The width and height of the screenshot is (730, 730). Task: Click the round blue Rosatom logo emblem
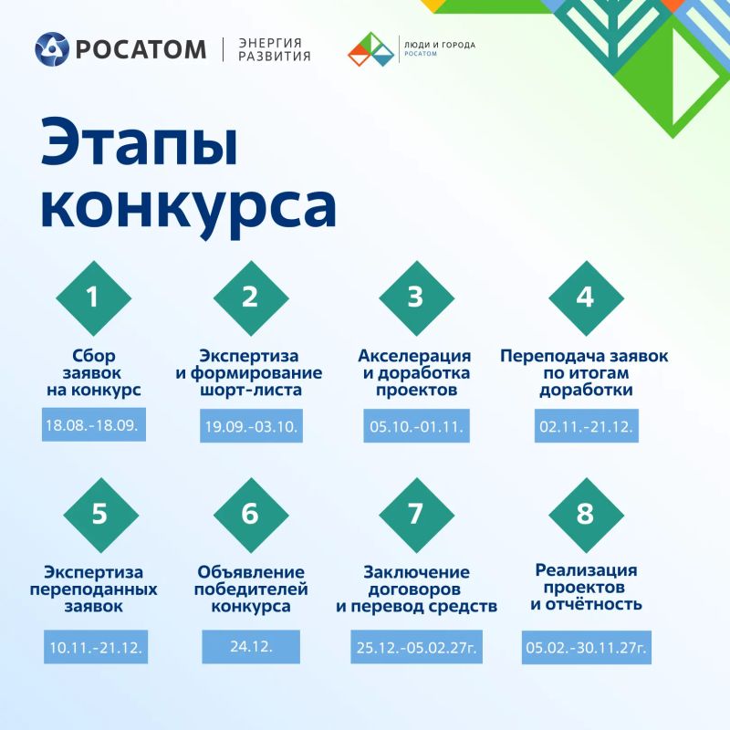click(52, 49)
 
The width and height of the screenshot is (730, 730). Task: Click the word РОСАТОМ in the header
click(141, 50)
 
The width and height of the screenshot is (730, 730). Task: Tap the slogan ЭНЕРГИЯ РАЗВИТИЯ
click(275, 50)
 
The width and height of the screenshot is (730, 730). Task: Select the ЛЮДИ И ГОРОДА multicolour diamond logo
click(371, 49)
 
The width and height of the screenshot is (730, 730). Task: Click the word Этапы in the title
click(140, 143)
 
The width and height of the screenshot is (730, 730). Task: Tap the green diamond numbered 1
click(94, 298)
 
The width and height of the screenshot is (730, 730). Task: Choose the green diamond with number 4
click(586, 298)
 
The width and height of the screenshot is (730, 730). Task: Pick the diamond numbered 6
click(251, 515)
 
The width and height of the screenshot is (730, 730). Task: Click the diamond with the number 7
click(417, 515)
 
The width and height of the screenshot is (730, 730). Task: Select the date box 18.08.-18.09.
click(94, 424)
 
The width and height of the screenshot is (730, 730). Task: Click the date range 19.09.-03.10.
click(252, 426)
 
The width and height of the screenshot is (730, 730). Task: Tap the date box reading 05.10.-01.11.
click(417, 426)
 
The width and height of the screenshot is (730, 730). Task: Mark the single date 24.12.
click(251, 647)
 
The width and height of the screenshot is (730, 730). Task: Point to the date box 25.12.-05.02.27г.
click(417, 647)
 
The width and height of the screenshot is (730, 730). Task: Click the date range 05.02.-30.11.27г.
click(587, 647)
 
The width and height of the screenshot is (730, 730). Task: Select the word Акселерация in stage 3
click(414, 357)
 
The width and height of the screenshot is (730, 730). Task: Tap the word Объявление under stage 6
click(251, 572)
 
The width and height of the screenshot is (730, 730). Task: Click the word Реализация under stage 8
click(586, 570)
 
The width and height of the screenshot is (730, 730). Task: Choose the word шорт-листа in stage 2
click(251, 390)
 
